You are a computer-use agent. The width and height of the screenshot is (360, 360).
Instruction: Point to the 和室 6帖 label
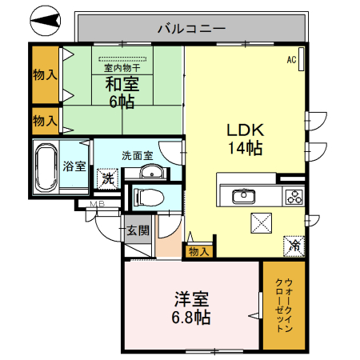(x=122, y=92)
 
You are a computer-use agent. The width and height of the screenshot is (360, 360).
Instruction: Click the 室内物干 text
(x=122, y=69)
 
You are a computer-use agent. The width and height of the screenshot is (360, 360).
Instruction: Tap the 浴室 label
(x=74, y=166)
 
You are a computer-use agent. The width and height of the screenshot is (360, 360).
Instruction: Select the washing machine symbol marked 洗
(x=107, y=179)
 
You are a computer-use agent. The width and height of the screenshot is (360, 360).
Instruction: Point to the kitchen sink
(x=242, y=197)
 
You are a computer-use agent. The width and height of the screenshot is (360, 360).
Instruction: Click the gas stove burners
(x=293, y=196)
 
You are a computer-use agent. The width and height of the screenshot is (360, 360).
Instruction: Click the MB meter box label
(x=97, y=206)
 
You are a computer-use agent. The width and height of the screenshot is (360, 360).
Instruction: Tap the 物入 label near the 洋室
(x=198, y=251)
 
